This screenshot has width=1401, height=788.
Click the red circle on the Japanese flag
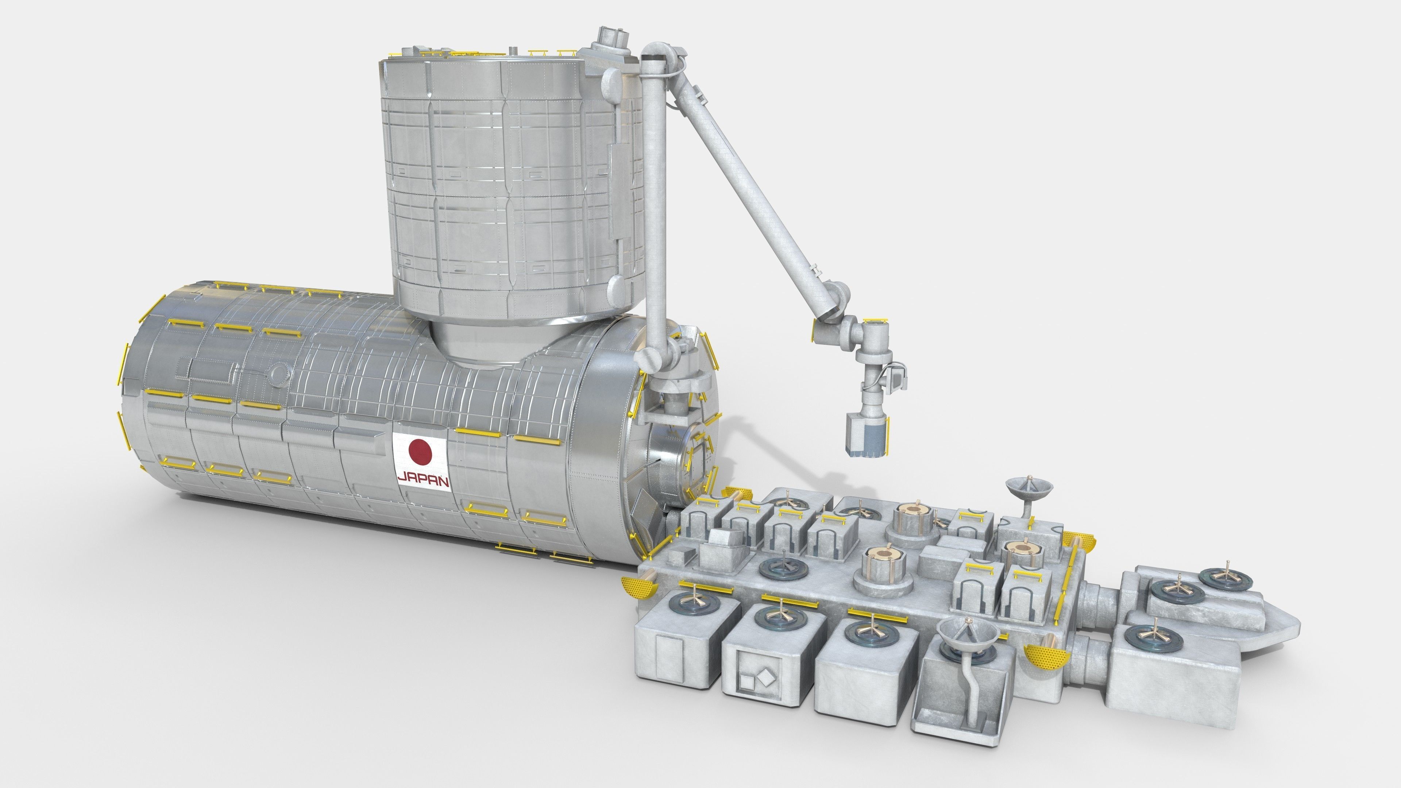pyautogui.click(x=420, y=452)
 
